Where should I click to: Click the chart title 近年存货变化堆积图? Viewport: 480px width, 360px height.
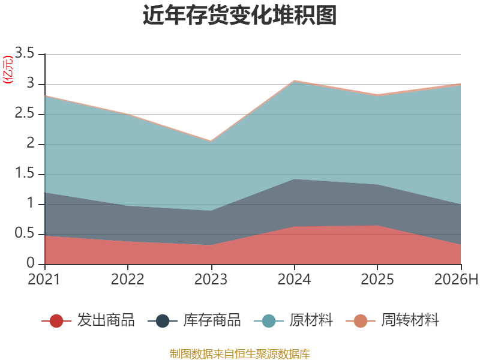(x=239, y=14)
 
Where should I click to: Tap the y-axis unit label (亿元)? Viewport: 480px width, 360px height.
(x=8, y=70)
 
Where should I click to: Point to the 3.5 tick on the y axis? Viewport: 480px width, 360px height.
(x=25, y=53)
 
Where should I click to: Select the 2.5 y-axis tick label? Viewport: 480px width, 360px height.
(x=25, y=113)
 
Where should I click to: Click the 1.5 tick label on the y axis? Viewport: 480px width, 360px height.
(x=25, y=173)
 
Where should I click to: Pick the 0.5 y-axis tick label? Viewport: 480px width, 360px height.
(x=25, y=233)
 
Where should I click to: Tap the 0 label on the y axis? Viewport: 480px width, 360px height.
(x=31, y=263)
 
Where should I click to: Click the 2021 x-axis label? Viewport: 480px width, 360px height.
(x=44, y=279)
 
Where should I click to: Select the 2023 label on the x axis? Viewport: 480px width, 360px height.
(x=211, y=279)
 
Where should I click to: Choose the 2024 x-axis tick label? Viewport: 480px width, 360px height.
(x=294, y=279)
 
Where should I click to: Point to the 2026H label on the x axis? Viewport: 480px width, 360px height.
(x=456, y=279)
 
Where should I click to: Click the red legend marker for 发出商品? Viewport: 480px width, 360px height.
(x=56, y=321)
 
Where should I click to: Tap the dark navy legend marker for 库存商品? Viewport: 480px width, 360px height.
(x=163, y=321)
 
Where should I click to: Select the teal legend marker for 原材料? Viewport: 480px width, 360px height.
(x=269, y=321)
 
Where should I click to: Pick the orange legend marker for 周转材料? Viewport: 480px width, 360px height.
(x=361, y=321)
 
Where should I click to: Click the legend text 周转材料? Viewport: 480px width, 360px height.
(x=410, y=320)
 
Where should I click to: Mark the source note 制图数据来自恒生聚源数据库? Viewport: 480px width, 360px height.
(x=239, y=354)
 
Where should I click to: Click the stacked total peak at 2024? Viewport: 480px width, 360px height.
(x=295, y=80)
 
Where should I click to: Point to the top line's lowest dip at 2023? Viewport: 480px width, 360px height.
(x=211, y=141)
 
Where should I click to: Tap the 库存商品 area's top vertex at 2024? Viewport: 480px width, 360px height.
(x=295, y=179)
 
